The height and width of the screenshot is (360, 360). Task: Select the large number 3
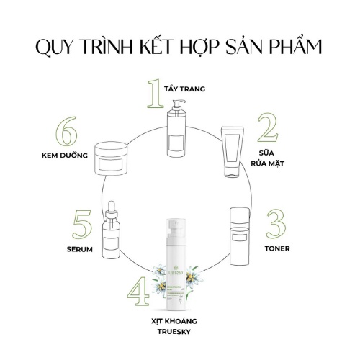[274, 227]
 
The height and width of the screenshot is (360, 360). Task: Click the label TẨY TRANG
[185, 90]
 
